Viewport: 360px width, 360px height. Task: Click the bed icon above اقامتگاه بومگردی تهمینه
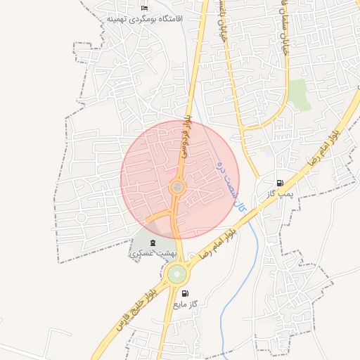coord(145,8)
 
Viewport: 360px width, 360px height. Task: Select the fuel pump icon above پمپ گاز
coord(280,183)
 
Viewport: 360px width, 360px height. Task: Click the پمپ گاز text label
coord(279,193)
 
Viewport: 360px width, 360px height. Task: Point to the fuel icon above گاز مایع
coord(185,294)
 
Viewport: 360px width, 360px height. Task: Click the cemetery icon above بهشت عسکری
coord(154,243)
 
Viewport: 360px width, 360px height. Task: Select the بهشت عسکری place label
coord(150,253)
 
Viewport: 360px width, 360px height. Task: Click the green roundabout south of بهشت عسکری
coord(177,274)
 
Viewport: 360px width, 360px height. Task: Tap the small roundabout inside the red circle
coord(177,187)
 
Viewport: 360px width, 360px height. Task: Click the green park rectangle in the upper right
coord(300,94)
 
